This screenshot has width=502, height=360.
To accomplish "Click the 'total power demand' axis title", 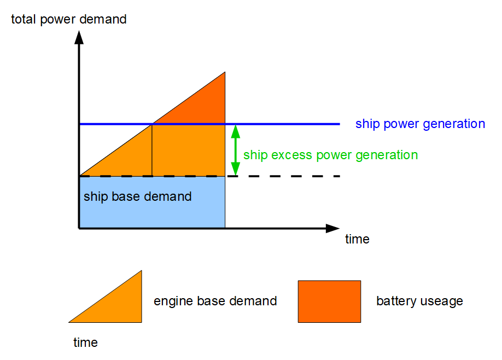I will click(69, 20).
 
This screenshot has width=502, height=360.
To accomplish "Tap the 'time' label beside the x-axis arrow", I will click(357, 239).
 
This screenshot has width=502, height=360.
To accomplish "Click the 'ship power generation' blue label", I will click(420, 124).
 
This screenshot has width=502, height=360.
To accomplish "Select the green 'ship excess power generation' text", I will click(330, 155).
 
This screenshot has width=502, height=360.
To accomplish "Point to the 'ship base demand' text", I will click(137, 196).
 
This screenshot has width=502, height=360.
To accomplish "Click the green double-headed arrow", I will click(236, 150).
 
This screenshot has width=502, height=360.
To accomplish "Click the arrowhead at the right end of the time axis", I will click(333, 228).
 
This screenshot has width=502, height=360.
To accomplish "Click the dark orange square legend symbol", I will click(329, 301).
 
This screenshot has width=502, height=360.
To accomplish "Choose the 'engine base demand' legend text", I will click(215, 301).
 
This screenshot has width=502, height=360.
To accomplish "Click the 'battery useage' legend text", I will click(419, 301).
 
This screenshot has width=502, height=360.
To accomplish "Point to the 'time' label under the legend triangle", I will click(85, 342).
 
